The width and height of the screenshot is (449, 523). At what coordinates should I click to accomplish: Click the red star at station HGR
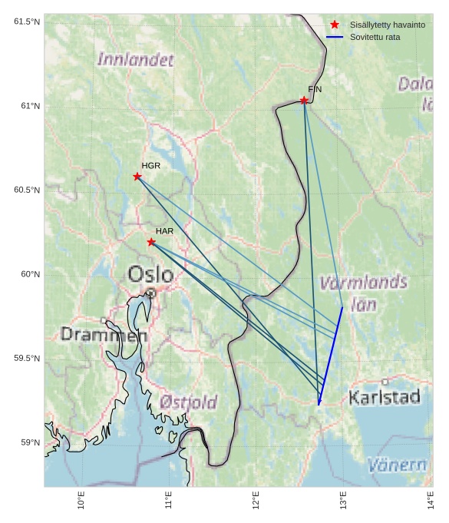coord(137,177)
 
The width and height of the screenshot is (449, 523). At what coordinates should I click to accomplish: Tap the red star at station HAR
coord(151,242)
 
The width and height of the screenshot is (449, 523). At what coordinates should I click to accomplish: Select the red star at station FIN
coord(304,101)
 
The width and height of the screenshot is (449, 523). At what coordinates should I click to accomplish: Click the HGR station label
coord(151,166)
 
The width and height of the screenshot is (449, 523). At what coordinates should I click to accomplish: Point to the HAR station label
coord(164,231)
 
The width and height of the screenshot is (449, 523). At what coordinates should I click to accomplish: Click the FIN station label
coord(315,90)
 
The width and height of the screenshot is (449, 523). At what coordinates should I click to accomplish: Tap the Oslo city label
coord(150,274)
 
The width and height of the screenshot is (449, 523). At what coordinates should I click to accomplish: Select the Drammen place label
coord(104,335)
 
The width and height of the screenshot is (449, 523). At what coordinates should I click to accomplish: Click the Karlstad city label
coord(385,397)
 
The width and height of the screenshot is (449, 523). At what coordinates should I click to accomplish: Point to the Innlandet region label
coord(136,59)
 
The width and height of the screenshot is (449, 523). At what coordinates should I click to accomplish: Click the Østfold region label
coord(189,402)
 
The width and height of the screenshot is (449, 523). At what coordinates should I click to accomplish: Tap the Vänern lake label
coord(397,465)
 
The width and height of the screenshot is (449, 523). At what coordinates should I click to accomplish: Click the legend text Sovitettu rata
coord(375,37)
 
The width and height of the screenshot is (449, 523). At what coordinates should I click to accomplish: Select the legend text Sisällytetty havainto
coord(387,25)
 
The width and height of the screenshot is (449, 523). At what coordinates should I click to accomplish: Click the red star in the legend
coord(335,25)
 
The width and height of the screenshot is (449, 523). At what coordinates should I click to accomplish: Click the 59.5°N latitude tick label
coord(25,359)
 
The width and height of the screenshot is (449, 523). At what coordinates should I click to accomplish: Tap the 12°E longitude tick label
coord(256,500)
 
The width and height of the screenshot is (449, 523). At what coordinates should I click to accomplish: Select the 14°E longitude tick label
coord(430,500)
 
